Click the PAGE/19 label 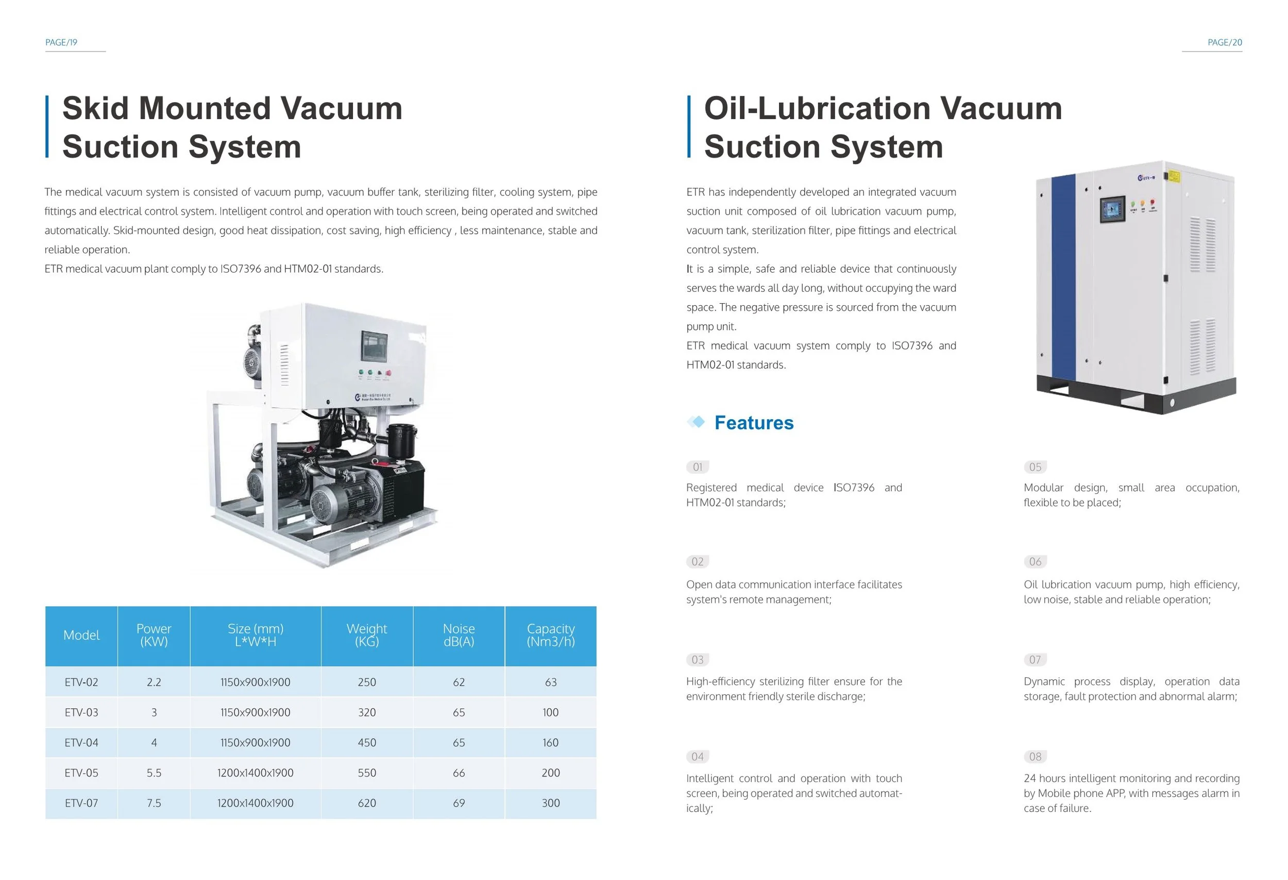coord(61,43)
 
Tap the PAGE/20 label coord(1225,43)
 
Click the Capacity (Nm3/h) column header coord(550,635)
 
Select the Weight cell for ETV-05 coord(367,772)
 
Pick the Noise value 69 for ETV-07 coord(459,803)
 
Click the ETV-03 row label coord(81,712)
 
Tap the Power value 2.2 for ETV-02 coord(154,682)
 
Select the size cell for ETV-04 coord(256,742)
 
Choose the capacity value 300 coord(550,803)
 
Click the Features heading coord(754,423)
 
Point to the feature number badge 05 coord(1035,467)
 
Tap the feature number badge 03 coord(697,660)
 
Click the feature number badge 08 coord(1035,756)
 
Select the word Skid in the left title coord(96,108)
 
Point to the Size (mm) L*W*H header coord(256,635)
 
